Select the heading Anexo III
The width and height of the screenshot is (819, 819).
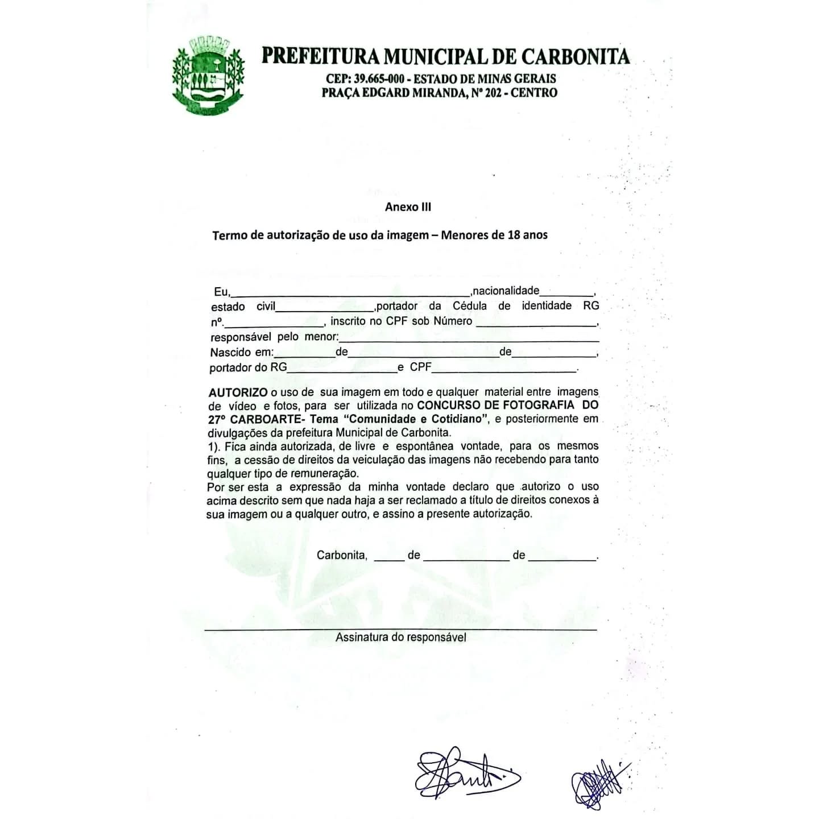coord(408,207)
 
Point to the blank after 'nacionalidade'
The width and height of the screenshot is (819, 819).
coord(566,292)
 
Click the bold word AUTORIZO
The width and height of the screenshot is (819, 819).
coord(238,392)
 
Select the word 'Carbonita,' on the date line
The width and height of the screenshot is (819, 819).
coord(342,555)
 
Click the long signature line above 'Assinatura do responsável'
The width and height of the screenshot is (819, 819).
coord(400,630)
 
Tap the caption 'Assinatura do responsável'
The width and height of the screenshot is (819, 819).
coord(400,638)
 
